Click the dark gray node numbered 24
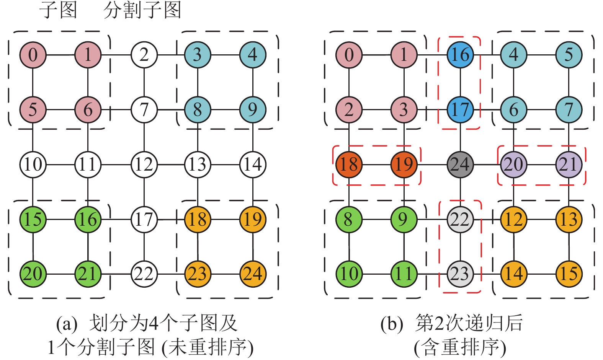460,165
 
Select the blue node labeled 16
460,55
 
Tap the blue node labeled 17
460,110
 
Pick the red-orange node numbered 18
349,165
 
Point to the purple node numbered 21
569,165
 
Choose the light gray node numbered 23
460,274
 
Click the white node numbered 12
144,165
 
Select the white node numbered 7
144,110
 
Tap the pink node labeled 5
33,110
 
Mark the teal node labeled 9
253,110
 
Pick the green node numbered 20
33,274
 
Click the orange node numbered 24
253,274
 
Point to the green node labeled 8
349,220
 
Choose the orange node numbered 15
569,274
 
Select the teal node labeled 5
569,55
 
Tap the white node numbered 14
253,165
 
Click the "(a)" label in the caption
67,324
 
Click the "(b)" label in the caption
391,324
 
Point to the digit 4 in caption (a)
153,324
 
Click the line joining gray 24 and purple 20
487,165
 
